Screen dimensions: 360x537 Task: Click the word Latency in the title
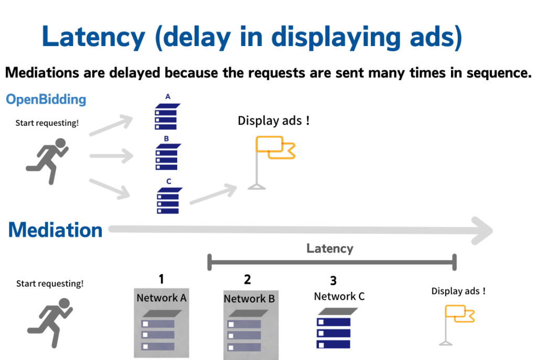[93, 37]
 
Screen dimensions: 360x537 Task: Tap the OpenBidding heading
[46, 100]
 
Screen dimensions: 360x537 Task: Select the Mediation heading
[55, 230]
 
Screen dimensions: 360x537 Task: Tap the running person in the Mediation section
[49, 322]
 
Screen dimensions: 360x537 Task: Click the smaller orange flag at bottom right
[459, 314]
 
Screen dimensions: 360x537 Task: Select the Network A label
[162, 298]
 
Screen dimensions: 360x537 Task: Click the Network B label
[249, 299]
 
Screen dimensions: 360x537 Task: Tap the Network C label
[339, 296]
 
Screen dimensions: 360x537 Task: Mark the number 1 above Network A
[162, 279]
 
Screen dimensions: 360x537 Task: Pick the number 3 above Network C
[333, 281]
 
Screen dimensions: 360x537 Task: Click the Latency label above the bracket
[330, 248]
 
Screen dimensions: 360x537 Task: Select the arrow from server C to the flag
[212, 194]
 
